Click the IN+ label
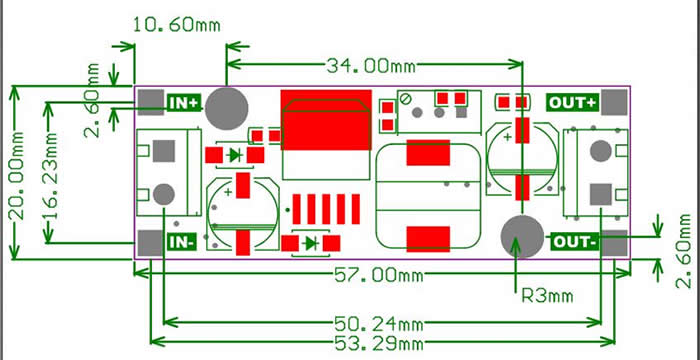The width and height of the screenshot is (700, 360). tap(184, 103)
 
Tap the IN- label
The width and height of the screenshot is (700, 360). tap(182, 243)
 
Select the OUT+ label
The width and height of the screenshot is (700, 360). tap(572, 103)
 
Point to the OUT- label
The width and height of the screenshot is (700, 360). tap(575, 242)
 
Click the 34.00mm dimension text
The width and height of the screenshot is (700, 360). tap(371, 67)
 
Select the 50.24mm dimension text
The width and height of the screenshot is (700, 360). tap(378, 323)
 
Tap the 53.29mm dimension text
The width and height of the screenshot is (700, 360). tap(378, 344)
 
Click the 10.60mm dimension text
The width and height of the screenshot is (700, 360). tap(177, 25)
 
